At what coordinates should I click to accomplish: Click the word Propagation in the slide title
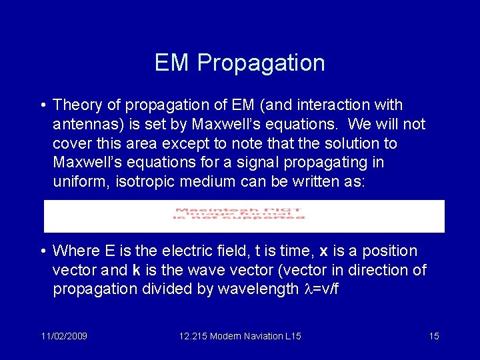tap(261, 63)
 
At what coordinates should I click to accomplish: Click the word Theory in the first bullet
tap(75, 105)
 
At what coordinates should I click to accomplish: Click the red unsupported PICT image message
tap(239, 213)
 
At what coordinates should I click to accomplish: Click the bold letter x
tap(323, 251)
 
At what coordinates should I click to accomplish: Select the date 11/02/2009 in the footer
tap(63, 336)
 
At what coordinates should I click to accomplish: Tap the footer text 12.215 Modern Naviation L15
tap(240, 336)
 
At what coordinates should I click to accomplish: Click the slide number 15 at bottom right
tap(433, 336)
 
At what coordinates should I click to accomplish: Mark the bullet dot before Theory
tap(42, 105)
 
